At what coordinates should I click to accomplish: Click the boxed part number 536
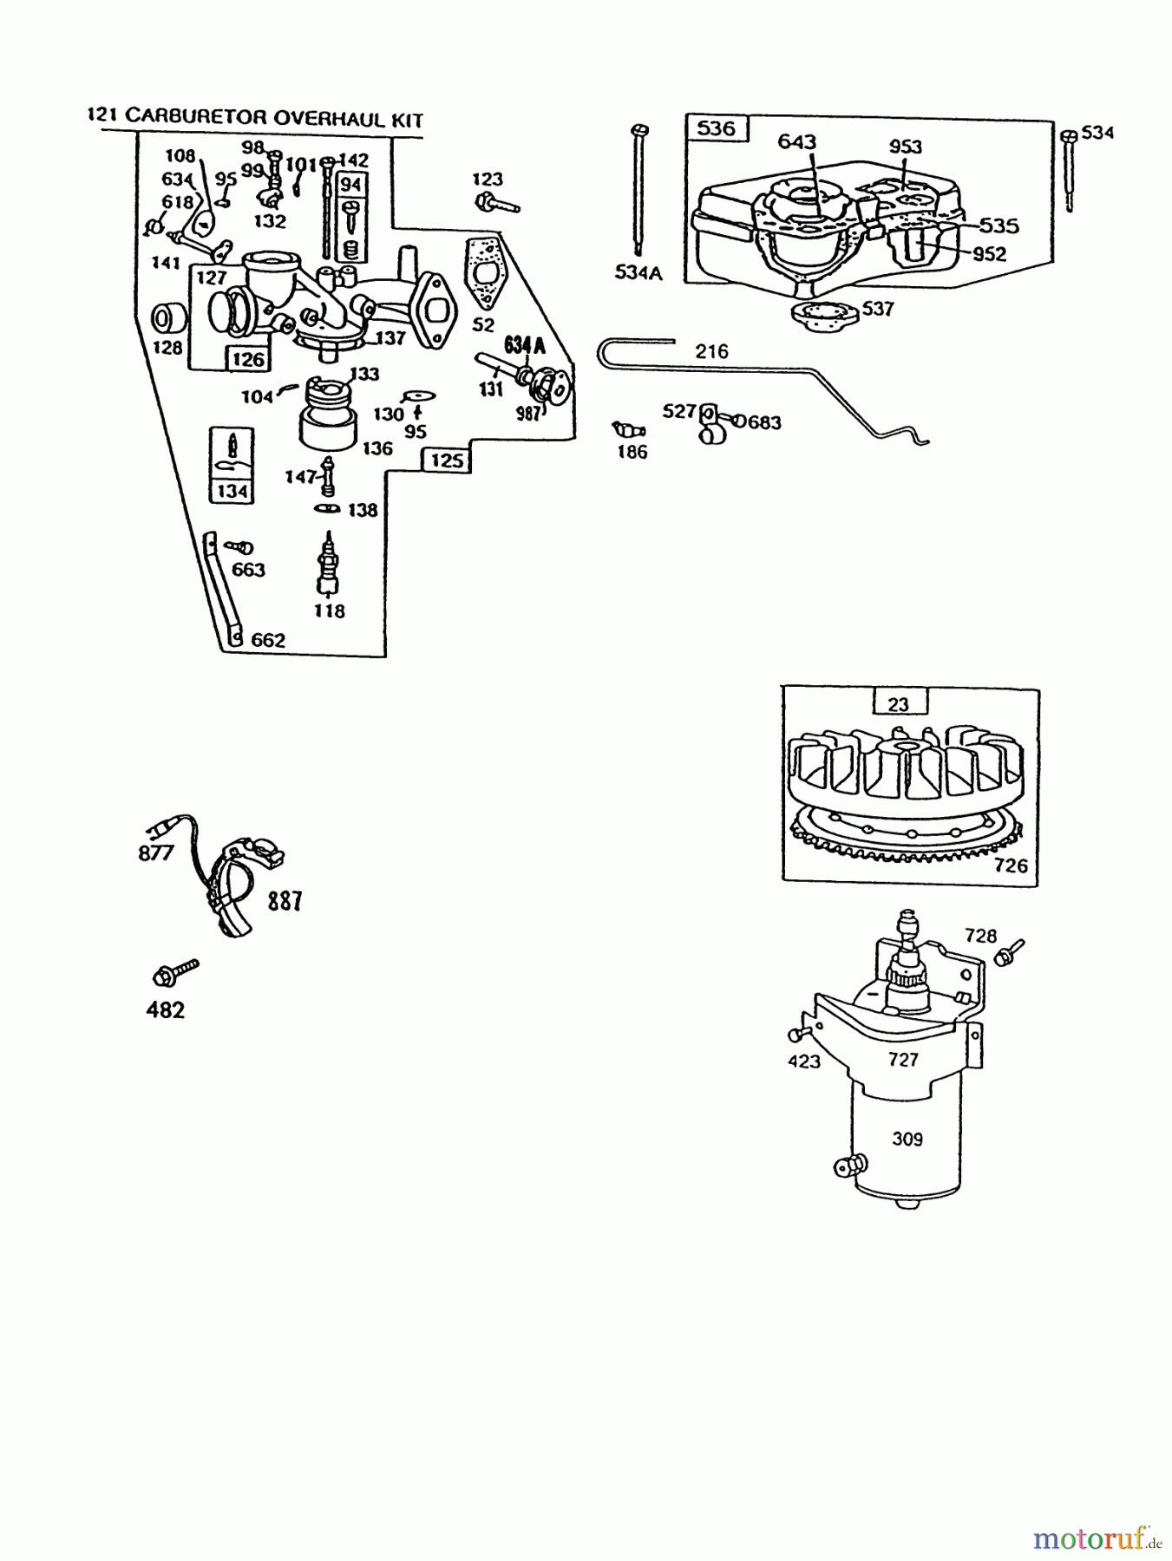click(716, 129)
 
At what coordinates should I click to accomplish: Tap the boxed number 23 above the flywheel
click(899, 703)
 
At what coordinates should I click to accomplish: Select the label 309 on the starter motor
click(907, 1139)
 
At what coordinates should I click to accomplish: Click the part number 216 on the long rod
click(711, 351)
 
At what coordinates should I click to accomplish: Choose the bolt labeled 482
click(173, 971)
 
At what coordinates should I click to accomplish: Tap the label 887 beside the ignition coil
click(285, 901)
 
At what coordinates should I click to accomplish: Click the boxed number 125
click(447, 460)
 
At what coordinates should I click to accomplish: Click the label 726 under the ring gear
click(1011, 865)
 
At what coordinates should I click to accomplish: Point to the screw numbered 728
click(1010, 952)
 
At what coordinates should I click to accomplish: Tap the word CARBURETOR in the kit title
click(198, 117)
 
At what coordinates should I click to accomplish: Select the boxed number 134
click(232, 492)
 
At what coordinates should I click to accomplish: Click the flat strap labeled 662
click(223, 590)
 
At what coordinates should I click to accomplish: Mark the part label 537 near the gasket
click(878, 309)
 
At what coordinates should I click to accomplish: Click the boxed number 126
click(248, 359)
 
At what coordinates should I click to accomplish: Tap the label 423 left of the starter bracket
click(803, 1061)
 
